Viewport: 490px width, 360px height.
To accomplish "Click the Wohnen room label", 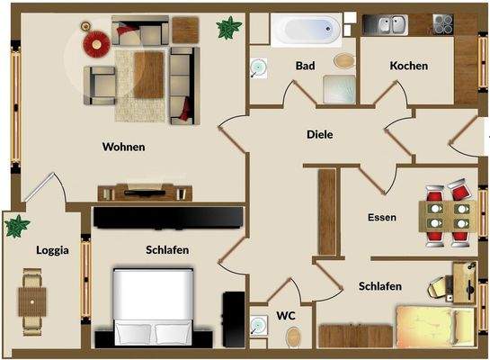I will pos(124,147).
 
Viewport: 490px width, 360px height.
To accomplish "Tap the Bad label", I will pos(305,67).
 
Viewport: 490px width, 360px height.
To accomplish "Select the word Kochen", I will pos(408,66).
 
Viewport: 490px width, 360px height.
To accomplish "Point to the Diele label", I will pos(319,134).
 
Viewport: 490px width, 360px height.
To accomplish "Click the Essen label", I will pos(382,217).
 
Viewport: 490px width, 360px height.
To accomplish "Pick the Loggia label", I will pos(53,250).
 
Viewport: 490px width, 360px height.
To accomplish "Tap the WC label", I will pos(286,315).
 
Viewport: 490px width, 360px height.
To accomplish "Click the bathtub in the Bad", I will pos(307,29).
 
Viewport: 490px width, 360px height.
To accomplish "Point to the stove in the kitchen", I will pos(443,24).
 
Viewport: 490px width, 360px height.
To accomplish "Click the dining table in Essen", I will pos(445,217).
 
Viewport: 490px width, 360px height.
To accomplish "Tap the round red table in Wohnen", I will pos(94,41).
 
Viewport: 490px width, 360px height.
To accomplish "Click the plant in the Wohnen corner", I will pos(228,27).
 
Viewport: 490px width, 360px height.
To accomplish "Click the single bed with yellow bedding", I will pos(436,323).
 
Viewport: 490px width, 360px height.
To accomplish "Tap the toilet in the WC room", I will pos(293,337).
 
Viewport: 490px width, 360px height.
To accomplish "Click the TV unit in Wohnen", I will pos(144,191).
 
